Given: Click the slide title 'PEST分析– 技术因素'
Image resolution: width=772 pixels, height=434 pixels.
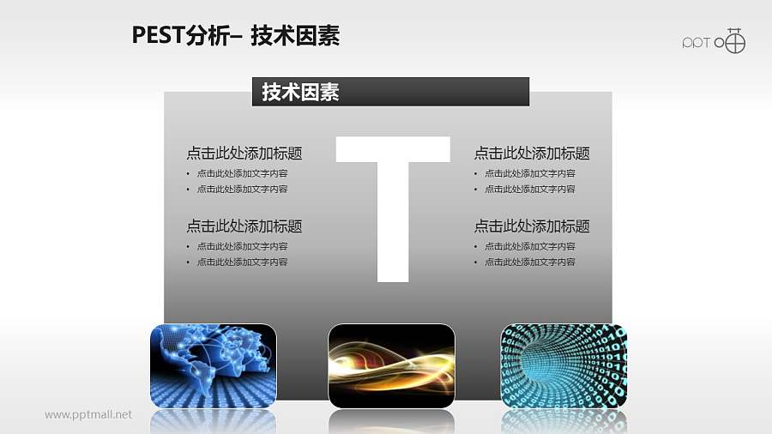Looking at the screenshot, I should click(236, 35).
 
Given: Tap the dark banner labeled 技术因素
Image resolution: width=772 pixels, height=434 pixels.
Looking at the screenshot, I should click(389, 92).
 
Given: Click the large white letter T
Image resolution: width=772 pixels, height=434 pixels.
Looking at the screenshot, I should click(393, 206).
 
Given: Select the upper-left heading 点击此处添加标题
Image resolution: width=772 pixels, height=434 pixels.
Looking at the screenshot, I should click(244, 154).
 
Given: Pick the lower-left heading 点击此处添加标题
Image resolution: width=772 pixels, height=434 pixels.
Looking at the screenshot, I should click(244, 226).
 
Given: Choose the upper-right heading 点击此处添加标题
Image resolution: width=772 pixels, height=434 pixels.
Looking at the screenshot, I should click(532, 154).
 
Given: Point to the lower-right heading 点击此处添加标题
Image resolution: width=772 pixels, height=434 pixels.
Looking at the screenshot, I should click(532, 226).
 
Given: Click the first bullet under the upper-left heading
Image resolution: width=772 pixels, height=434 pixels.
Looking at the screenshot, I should click(242, 173).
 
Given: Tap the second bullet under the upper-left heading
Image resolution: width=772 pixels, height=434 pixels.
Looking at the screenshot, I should click(242, 189).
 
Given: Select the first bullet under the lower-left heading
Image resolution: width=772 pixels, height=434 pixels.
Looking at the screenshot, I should click(242, 246).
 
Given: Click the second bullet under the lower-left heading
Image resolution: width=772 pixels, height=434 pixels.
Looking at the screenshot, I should click(242, 262).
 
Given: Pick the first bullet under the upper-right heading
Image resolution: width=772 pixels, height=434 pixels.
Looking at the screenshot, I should click(529, 173).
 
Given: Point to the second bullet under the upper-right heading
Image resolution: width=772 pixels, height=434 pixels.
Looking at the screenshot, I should click(529, 189).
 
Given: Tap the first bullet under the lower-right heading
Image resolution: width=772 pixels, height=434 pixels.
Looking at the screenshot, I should click(529, 246).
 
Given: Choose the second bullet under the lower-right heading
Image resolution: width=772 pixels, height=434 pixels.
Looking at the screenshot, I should click(529, 262).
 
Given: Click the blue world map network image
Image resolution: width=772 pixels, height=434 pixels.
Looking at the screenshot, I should click(213, 365).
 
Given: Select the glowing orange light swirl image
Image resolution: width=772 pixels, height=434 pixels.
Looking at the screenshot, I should click(391, 365).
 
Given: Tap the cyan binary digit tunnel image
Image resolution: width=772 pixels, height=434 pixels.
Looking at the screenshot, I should click(564, 365).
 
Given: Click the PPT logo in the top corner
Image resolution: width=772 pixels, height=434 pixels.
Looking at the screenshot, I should click(714, 41).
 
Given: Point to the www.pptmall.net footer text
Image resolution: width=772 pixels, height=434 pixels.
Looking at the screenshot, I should click(88, 415).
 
